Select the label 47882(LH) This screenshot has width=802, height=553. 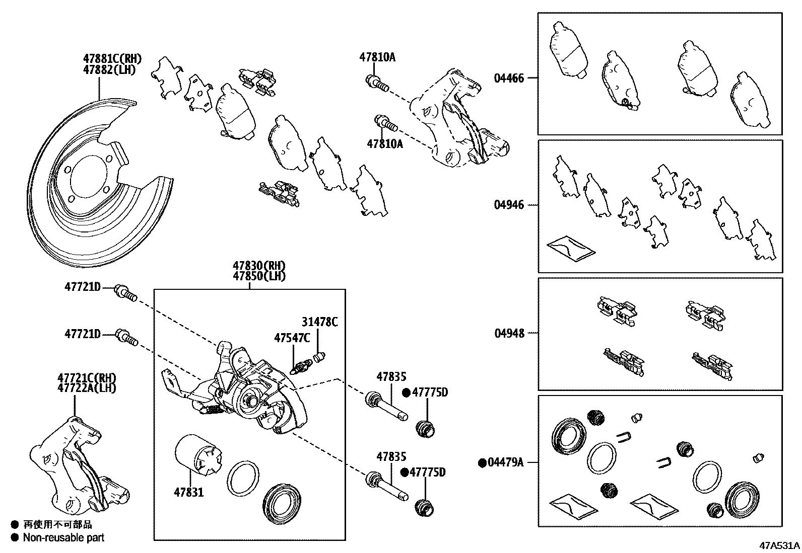pyautogui.click(x=110, y=69)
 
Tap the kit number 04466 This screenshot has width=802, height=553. pyautogui.click(x=509, y=78)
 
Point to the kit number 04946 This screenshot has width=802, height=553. pyautogui.click(x=509, y=205)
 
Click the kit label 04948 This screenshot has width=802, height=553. pyautogui.click(x=509, y=333)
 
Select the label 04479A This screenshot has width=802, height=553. pyautogui.click(x=505, y=462)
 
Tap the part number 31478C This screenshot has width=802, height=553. pyautogui.click(x=320, y=322)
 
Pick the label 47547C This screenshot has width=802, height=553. pyautogui.click(x=292, y=338)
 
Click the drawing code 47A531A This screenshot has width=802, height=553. pyautogui.click(x=780, y=545)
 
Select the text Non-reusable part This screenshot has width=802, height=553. pyautogui.click(x=63, y=537)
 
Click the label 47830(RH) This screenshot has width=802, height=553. pyautogui.click(x=259, y=266)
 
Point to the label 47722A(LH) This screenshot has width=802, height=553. pyautogui.click(x=87, y=388)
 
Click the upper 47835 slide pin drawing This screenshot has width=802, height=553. pyautogui.click(x=386, y=407)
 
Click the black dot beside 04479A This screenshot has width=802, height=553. pyautogui.click(x=482, y=462)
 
